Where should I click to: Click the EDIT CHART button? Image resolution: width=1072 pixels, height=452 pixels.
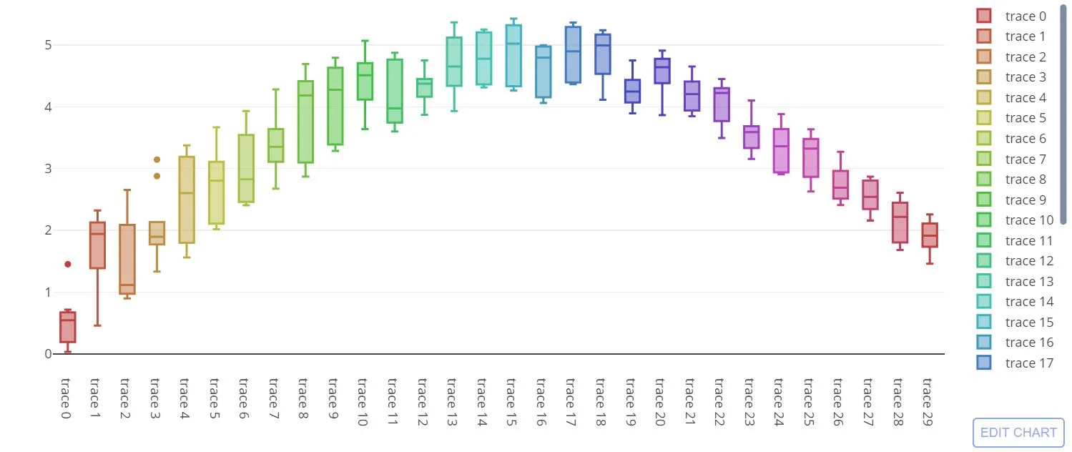coord(1018,433)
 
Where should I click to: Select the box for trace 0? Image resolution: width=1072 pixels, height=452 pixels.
coord(67,328)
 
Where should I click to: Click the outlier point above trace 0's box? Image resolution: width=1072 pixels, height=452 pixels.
coord(67,264)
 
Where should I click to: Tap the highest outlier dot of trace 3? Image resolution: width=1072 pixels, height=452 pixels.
coord(157,159)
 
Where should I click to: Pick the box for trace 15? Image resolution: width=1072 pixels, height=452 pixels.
coord(513,56)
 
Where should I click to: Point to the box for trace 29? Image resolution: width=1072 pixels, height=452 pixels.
coord(930,235)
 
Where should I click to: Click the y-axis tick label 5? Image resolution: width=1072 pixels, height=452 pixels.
coord(48,45)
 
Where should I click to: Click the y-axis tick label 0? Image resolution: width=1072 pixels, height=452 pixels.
coord(48,354)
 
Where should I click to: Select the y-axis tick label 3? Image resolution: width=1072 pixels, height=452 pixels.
coord(48,169)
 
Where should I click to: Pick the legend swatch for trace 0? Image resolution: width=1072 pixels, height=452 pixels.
coord(984,16)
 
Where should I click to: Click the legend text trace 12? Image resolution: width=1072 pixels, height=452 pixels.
coord(1025,261)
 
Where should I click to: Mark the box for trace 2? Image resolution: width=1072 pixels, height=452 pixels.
coord(127,260)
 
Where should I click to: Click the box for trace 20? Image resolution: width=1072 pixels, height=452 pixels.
coord(662,72)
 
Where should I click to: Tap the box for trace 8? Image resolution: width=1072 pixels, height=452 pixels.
coord(305,122)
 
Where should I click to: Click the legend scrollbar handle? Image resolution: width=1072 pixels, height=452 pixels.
coord(1063,114)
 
